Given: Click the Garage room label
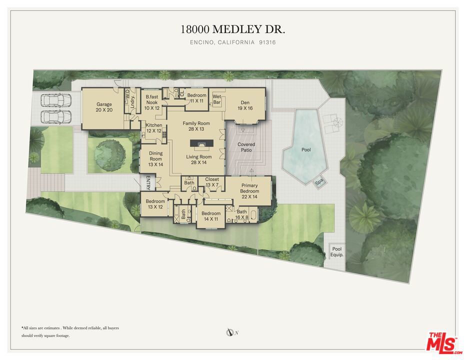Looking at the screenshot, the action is coord(104,107).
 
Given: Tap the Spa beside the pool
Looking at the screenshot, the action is coord(319,181).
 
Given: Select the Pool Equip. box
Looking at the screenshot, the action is coord(337,252).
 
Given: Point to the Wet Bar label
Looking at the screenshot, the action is coord(217,99).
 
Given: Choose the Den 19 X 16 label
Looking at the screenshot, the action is coord(245,105).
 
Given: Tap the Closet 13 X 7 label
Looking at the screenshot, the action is coord(212,182).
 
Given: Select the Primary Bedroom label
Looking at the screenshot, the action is coord(249,191).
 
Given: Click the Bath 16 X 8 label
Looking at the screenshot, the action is coord(241,214).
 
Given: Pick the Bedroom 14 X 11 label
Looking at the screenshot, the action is coord(211,216).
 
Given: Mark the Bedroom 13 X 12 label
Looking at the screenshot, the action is coord(155,204).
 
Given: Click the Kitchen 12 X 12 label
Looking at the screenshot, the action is coord(154,128).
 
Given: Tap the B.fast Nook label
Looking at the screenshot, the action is coord(152,102).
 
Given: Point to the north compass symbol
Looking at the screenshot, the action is coord(229,332).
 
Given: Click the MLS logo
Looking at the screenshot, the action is coord(443,343).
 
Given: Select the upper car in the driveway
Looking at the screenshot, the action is coord(56,100).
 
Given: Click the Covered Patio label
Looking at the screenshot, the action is coord(246,147).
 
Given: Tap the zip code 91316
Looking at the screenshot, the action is coord(267,42).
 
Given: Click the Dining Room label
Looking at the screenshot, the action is coord(155,158).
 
